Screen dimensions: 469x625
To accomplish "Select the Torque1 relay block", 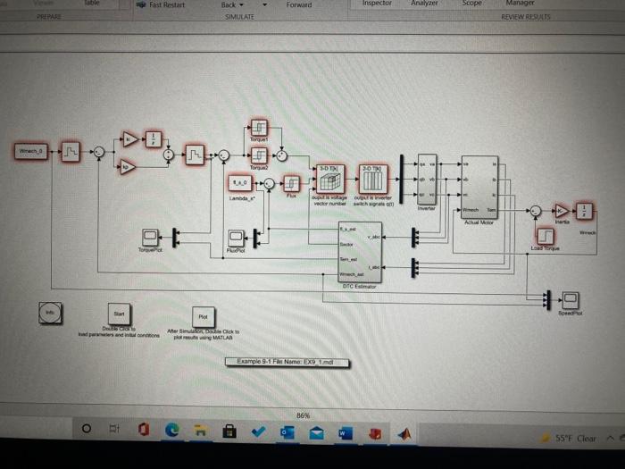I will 257,129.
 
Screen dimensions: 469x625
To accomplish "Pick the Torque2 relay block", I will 257,155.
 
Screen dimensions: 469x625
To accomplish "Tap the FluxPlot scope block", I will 235,237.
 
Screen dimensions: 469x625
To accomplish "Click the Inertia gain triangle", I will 560,211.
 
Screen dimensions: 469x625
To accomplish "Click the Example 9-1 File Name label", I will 287,362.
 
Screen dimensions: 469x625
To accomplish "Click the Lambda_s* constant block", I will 238,182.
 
